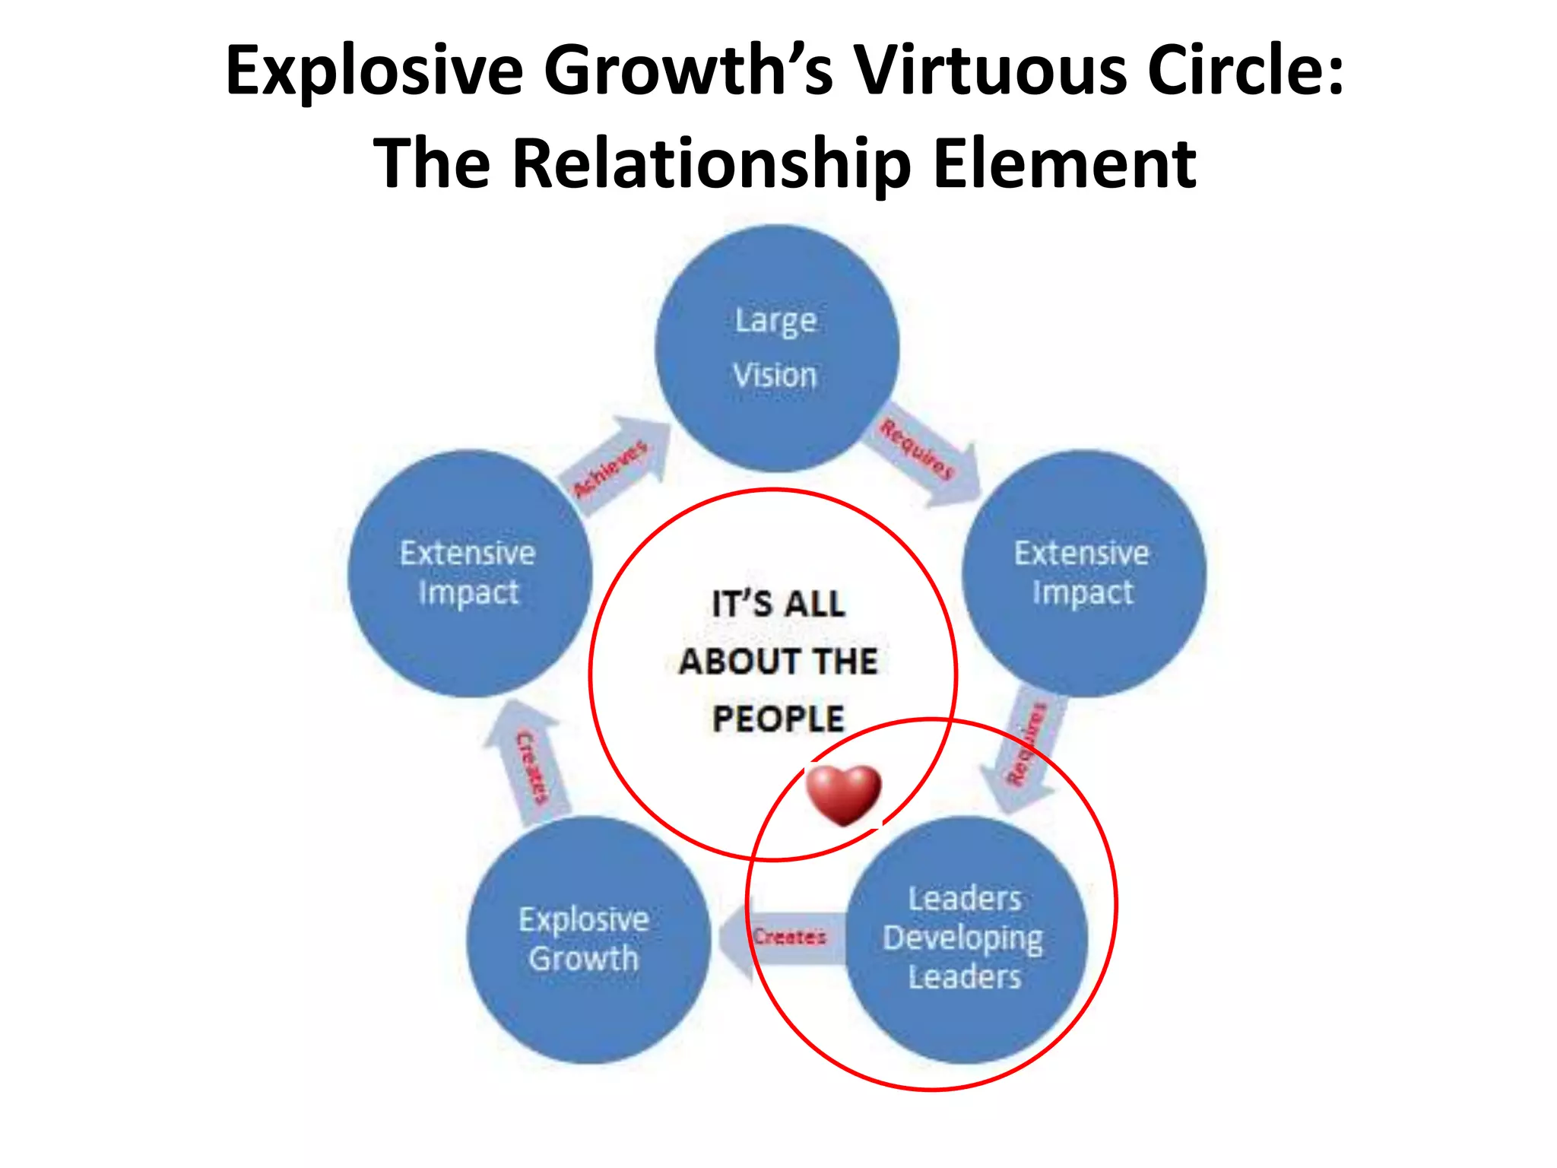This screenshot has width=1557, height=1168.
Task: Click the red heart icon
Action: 843,794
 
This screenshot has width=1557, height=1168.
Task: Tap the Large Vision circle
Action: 777,348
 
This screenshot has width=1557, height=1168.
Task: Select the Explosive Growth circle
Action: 587,940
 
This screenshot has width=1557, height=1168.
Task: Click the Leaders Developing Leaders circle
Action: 966,940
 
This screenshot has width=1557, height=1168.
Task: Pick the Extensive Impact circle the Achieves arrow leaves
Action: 469,573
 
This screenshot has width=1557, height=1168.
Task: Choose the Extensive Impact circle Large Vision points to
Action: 1083,573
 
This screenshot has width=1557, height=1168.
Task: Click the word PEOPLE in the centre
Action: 778,719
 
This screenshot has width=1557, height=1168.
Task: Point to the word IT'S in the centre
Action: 741,605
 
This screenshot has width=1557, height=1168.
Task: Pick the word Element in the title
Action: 1064,163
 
